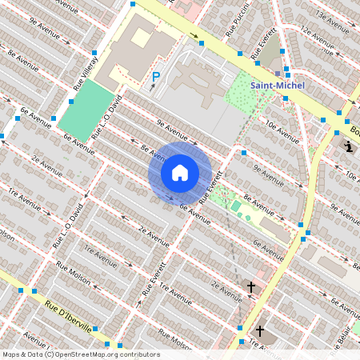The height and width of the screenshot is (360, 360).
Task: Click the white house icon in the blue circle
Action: click(180, 173)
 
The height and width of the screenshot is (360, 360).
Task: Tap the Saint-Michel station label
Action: click(272, 85)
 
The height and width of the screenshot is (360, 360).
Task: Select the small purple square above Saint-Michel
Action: click(278, 73)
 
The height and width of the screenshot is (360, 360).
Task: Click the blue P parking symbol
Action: click(156, 78)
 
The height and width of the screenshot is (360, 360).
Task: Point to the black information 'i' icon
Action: click(349, 146)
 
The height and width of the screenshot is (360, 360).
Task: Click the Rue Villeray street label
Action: click(86, 72)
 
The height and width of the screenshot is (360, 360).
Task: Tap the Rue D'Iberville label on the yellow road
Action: click(68, 317)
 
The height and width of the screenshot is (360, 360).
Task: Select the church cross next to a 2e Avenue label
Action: click(250, 286)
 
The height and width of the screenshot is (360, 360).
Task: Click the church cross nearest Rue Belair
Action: click(259, 330)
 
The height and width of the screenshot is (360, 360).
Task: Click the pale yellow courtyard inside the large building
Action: click(141, 37)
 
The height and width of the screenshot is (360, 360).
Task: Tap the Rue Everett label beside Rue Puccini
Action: click(266, 46)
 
